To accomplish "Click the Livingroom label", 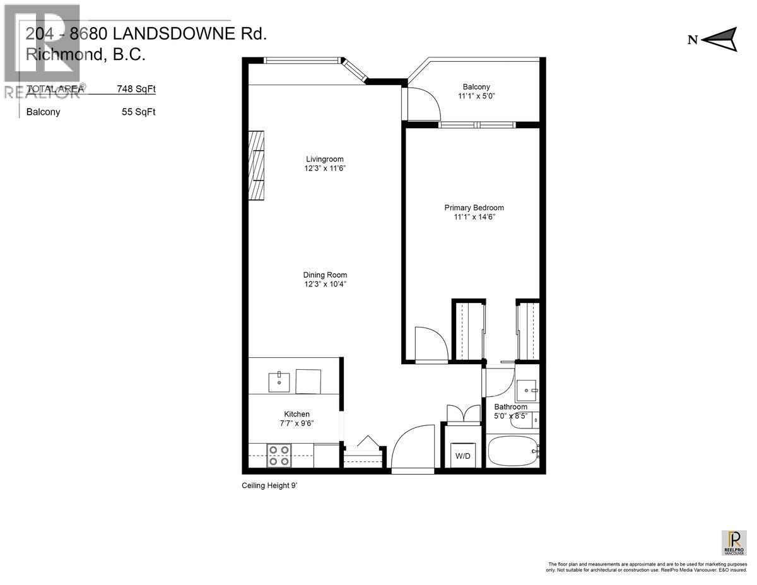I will (325, 159).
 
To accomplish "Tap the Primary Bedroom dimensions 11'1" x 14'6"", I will (474, 217).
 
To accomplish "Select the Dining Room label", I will (325, 275).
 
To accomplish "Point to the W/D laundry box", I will (462, 456).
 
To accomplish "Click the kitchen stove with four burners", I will (279, 455).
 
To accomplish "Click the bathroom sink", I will (525, 391).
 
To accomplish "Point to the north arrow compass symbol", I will (719, 39).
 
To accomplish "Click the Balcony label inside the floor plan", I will (476, 87).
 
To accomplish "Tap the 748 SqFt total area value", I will (136, 89).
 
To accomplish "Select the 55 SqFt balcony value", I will (139, 112).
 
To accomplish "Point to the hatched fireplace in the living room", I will (256, 165).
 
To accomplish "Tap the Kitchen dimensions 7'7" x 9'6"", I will (296, 423).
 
